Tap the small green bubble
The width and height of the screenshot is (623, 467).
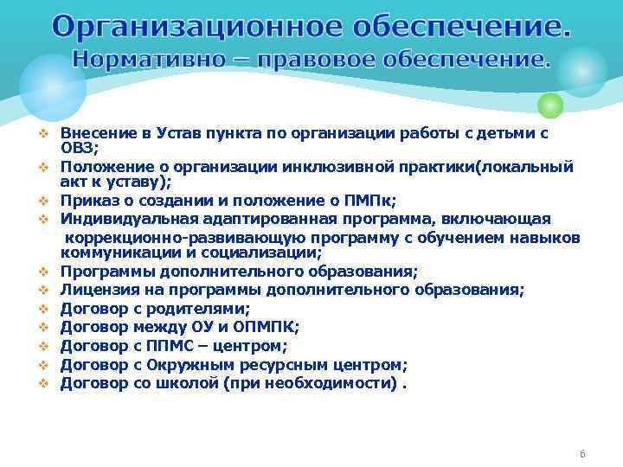point(549,106)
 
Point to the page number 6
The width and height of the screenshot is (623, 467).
point(582,454)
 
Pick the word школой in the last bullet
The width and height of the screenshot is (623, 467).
point(187,381)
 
